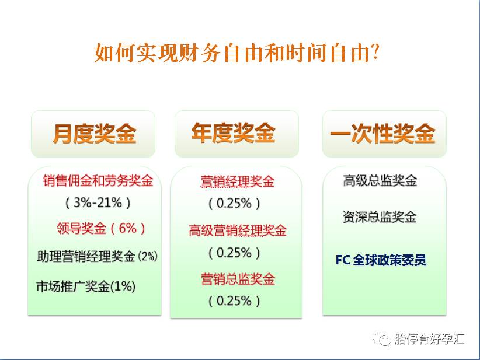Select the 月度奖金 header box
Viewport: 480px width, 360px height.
(94, 134)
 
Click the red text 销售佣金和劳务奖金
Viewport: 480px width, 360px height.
(98, 181)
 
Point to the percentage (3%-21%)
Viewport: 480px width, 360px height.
(98, 203)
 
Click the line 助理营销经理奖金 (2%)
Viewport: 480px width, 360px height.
(97, 256)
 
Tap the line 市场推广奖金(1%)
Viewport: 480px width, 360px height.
(86, 286)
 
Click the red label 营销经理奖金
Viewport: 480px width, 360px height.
(237, 181)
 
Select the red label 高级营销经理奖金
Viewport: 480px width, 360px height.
(237, 231)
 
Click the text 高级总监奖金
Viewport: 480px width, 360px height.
(380, 181)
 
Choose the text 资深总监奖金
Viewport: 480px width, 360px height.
(380, 217)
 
